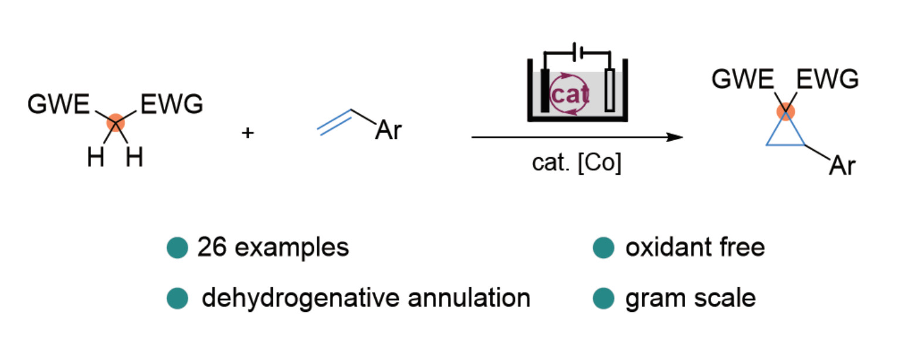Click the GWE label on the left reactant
tap(58, 106)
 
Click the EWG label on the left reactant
tap(171, 106)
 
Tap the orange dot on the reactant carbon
tap(116, 122)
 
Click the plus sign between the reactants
tap(248, 133)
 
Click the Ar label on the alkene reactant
tap(388, 130)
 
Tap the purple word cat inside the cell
tap(570, 94)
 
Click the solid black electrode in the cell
tap(546, 91)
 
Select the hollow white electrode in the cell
tap(610, 91)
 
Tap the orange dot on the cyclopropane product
tap(785, 111)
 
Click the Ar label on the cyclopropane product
tap(842, 166)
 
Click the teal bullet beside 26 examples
tap(177, 248)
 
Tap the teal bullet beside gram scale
tap(603, 298)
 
